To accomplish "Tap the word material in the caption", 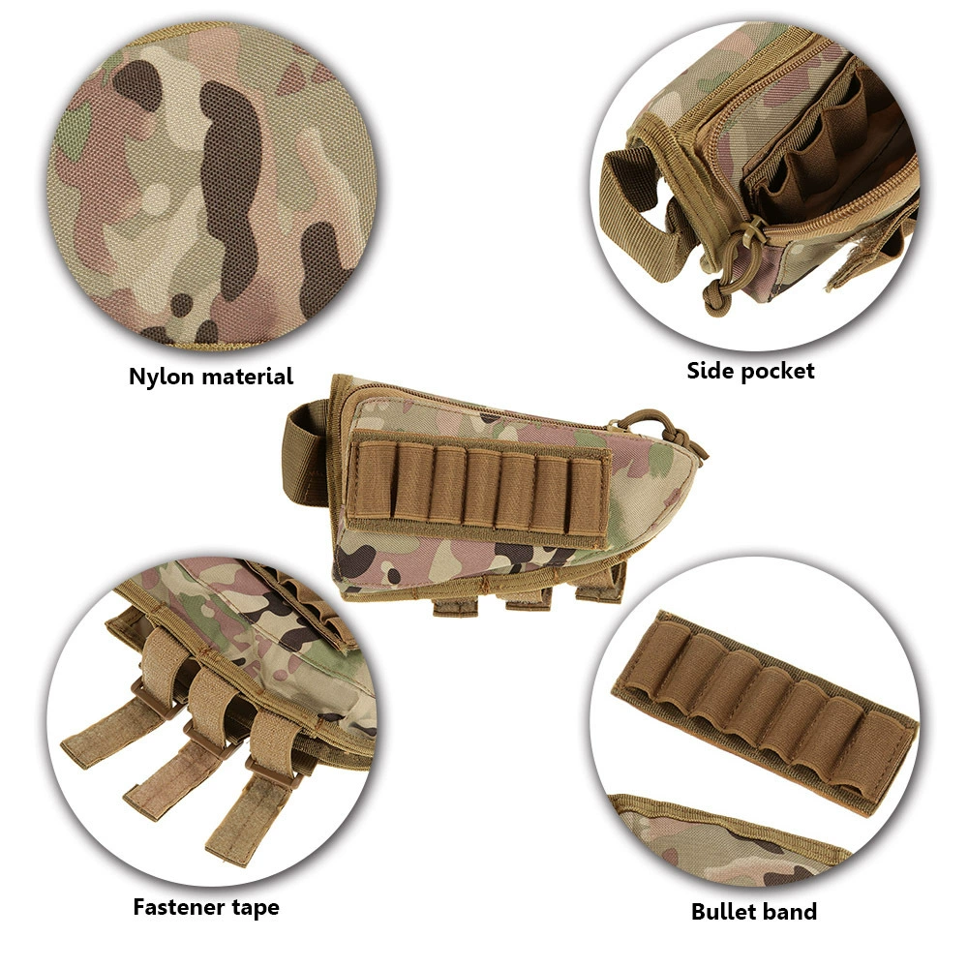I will (x=246, y=377).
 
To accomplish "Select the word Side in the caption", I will (x=710, y=370).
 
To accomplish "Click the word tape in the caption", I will (x=256, y=908).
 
